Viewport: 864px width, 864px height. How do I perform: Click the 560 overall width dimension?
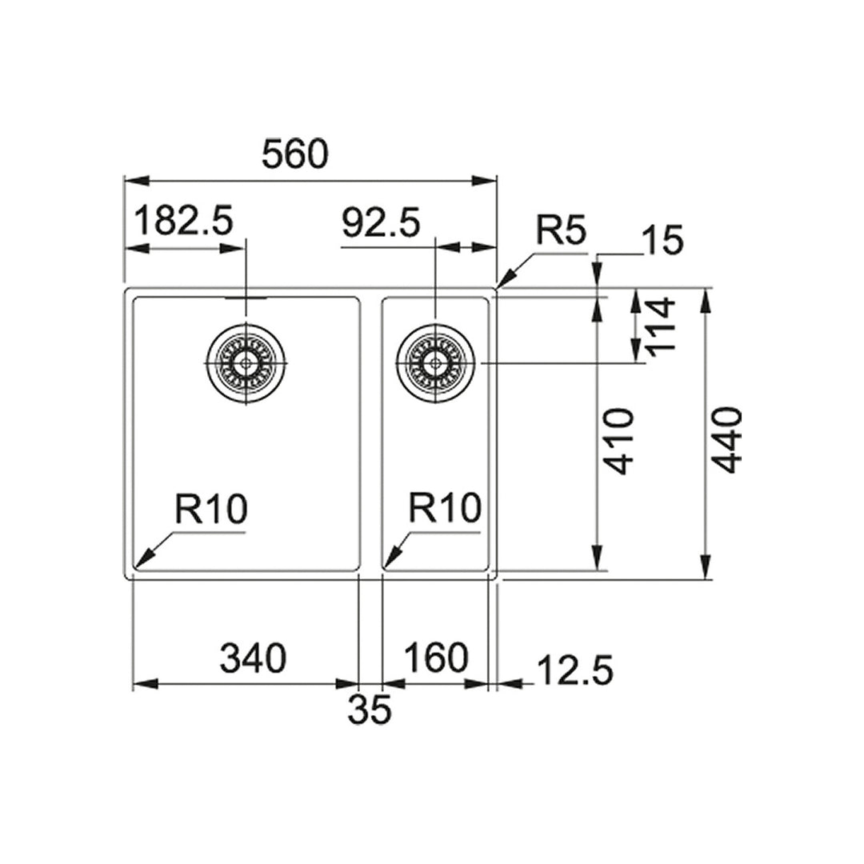pos(295,154)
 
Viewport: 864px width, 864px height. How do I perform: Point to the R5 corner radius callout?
pos(561,233)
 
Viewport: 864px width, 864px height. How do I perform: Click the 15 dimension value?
pos(662,240)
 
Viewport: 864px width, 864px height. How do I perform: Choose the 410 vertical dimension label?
pos(620,442)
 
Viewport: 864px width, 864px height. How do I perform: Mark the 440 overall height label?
pos(727,440)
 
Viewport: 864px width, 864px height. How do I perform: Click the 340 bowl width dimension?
pos(253,659)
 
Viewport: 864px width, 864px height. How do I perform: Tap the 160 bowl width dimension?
pos(436,658)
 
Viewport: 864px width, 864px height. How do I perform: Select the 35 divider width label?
pos(370,710)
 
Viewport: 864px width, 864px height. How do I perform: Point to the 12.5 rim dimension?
pos(574,670)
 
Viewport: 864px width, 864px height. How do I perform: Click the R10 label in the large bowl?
pos(210,509)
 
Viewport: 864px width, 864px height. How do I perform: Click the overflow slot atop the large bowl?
pos(246,298)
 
